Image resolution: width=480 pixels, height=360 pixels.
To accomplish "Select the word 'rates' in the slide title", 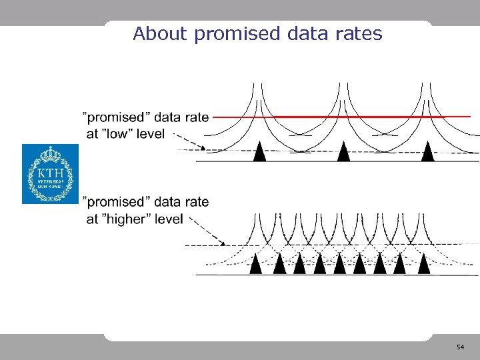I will click(x=360, y=33).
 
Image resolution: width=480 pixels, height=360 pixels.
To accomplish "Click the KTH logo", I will click(x=50, y=174).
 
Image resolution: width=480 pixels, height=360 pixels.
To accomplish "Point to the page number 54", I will click(x=460, y=348).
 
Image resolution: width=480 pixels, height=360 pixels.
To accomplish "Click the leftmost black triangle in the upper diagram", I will click(x=260, y=152).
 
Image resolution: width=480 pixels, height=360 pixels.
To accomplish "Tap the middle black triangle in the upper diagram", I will click(x=343, y=152).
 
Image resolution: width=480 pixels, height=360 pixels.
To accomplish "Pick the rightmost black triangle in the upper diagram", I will click(x=428, y=152).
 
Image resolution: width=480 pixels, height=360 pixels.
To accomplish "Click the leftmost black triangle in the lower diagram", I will click(x=256, y=265).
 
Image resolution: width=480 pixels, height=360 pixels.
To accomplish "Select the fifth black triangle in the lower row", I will click(x=339, y=265).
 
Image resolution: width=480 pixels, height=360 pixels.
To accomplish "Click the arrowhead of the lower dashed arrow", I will click(x=225, y=243).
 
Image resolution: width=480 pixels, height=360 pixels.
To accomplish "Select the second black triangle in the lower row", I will click(x=279, y=265).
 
